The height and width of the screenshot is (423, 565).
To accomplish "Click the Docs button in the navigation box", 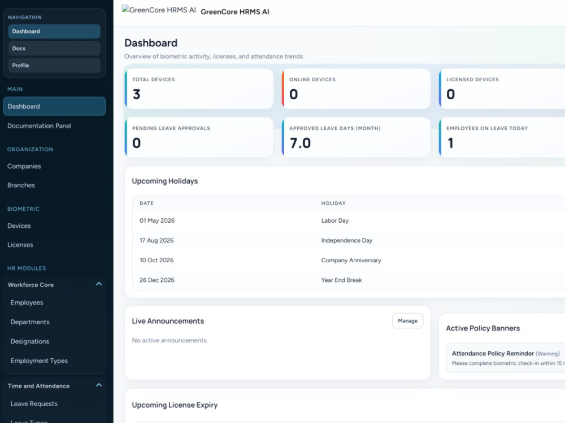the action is pyautogui.click(x=54, y=49).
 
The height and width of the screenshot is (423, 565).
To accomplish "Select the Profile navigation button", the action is pyautogui.click(x=54, y=65).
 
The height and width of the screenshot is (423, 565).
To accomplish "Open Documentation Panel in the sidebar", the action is pyautogui.click(x=40, y=126).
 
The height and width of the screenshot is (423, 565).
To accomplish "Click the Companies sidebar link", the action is pyautogui.click(x=24, y=166).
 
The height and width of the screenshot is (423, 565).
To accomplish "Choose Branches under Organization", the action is pyautogui.click(x=21, y=185).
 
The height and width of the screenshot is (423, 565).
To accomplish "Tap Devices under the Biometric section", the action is pyautogui.click(x=19, y=226).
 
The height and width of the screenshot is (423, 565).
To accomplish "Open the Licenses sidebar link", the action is pyautogui.click(x=20, y=245).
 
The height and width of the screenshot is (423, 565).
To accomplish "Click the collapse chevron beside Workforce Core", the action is pyautogui.click(x=99, y=284).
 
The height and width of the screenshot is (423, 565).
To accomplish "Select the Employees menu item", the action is pyautogui.click(x=27, y=303).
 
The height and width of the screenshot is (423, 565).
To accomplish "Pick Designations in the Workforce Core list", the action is pyautogui.click(x=30, y=341).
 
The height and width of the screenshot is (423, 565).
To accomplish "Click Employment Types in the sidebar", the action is pyautogui.click(x=39, y=361).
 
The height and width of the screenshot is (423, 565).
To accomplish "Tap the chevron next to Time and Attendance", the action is pyautogui.click(x=99, y=385).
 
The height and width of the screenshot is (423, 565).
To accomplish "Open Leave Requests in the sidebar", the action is pyautogui.click(x=34, y=404).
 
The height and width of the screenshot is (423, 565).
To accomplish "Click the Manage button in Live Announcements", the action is pyautogui.click(x=407, y=321).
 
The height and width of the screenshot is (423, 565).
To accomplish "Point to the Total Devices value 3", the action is pyautogui.click(x=136, y=94).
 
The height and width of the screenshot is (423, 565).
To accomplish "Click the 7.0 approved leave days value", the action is pyautogui.click(x=300, y=143).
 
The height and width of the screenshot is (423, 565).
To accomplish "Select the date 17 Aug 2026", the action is pyautogui.click(x=157, y=240).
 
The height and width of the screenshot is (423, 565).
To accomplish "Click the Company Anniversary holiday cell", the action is pyautogui.click(x=351, y=260).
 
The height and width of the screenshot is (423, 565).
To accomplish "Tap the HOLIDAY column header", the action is pyautogui.click(x=333, y=203).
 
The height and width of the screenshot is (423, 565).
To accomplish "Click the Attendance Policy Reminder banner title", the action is pyautogui.click(x=493, y=354).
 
